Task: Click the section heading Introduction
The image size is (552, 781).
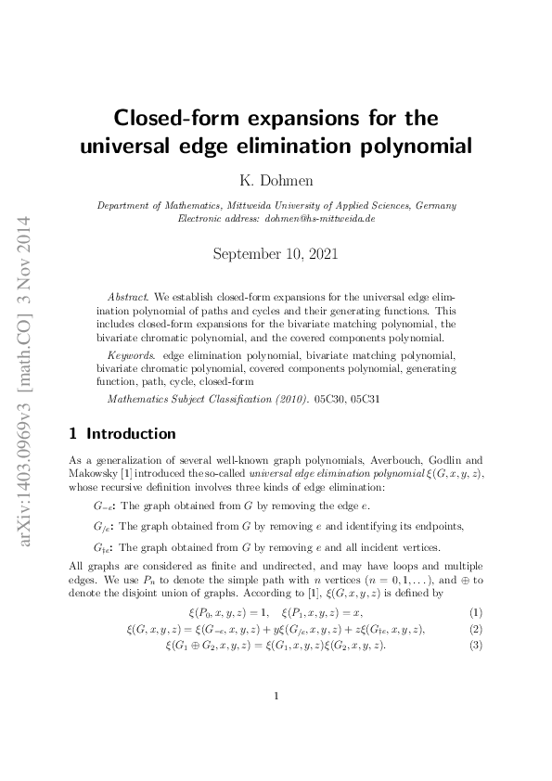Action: click(131, 433)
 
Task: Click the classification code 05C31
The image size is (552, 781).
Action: click(363, 400)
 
